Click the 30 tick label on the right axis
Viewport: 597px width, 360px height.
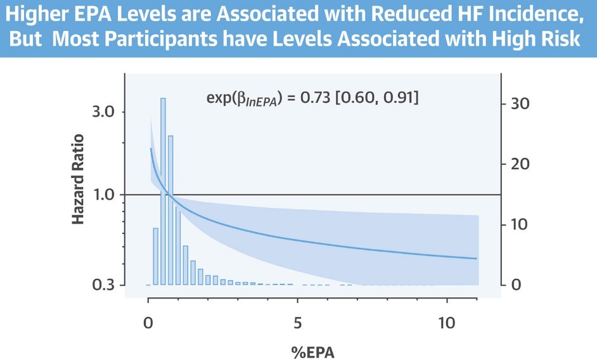point(520,104)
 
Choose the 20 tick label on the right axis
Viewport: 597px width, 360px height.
point(520,164)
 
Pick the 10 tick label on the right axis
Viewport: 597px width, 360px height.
point(520,224)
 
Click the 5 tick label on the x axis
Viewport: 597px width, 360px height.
point(297,322)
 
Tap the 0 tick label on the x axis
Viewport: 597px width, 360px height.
point(148,322)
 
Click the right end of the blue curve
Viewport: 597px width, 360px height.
point(477,259)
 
